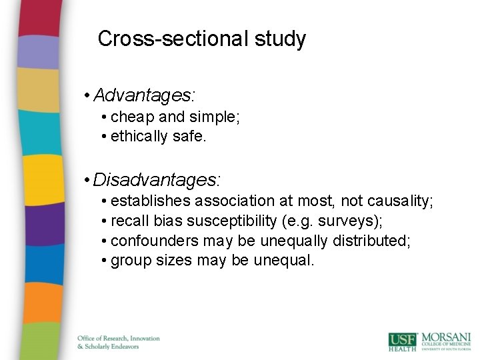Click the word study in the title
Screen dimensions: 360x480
pyautogui.click(x=280, y=39)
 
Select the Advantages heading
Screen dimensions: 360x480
pyautogui.click(x=144, y=95)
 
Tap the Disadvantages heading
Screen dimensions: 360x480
pyautogui.click(x=157, y=179)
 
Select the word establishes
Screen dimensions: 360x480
pyautogui.click(x=149, y=201)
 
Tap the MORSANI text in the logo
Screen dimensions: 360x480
pyautogui.click(x=447, y=337)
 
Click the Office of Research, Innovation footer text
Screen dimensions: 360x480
pyautogui.click(x=119, y=339)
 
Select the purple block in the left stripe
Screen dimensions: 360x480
pyautogui.click(x=31, y=224)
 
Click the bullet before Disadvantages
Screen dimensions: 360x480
pyautogui.click(x=87, y=180)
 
